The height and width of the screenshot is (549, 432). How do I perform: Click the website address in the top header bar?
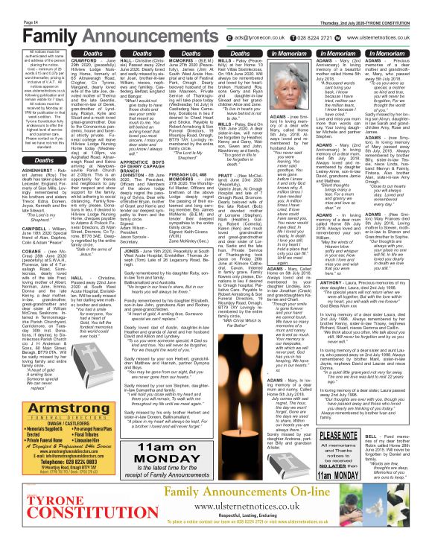point(390,35)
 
